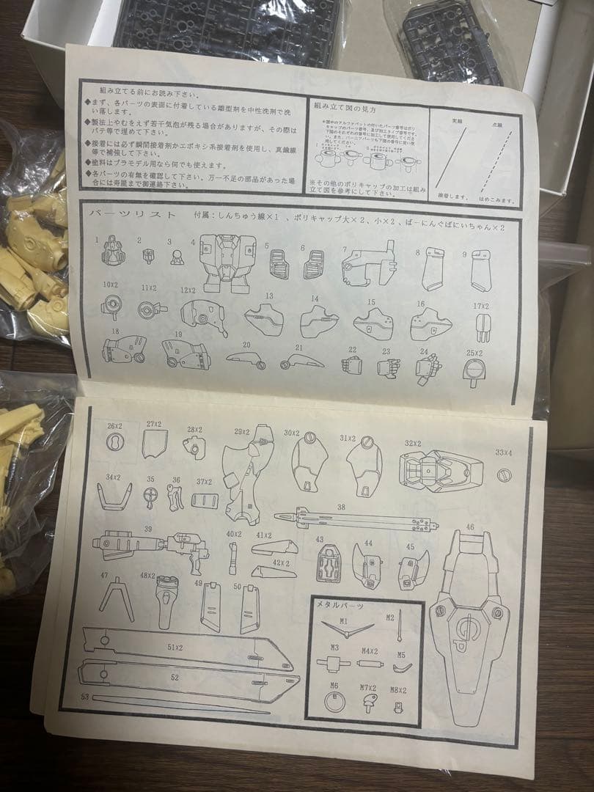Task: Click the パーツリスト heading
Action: point(131,215)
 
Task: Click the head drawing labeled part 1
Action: point(111,253)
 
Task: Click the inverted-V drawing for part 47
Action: point(116,598)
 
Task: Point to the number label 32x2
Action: point(413,444)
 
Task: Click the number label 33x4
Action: point(505,452)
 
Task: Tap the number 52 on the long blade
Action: point(174,677)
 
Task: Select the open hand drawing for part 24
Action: point(428,368)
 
